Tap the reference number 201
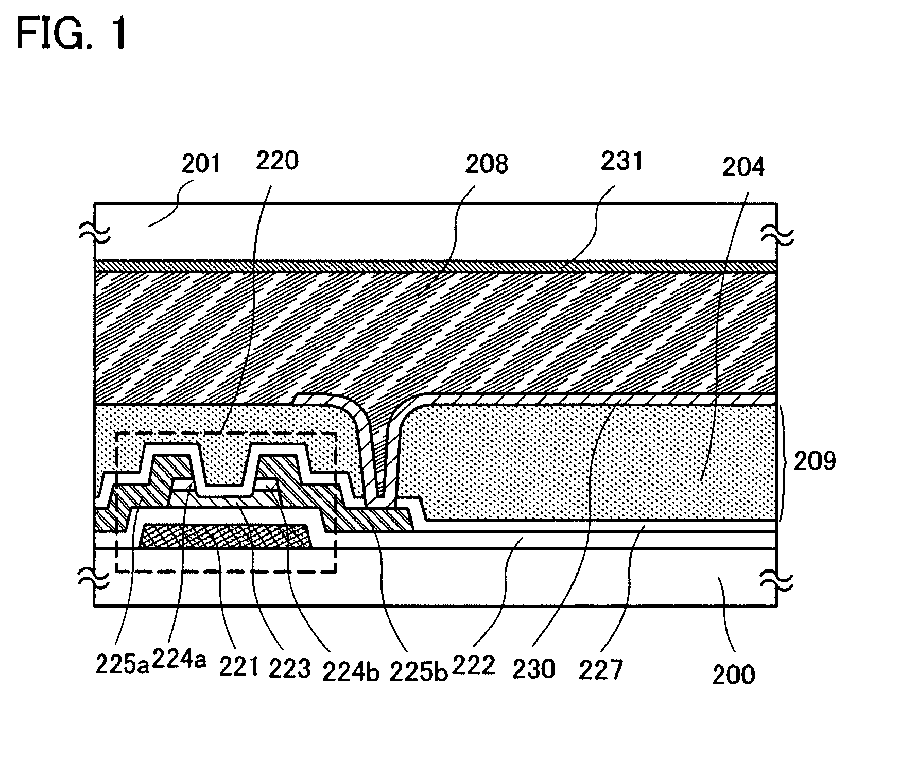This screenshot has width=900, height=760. [x=201, y=163]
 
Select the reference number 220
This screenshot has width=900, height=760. [x=277, y=161]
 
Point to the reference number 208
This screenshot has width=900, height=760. [x=487, y=163]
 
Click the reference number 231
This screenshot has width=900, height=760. [x=622, y=161]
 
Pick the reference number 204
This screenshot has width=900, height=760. [x=743, y=167]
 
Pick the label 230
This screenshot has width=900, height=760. [x=534, y=669]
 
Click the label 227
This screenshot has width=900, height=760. [x=601, y=670]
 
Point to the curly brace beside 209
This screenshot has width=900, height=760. [x=783, y=462]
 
